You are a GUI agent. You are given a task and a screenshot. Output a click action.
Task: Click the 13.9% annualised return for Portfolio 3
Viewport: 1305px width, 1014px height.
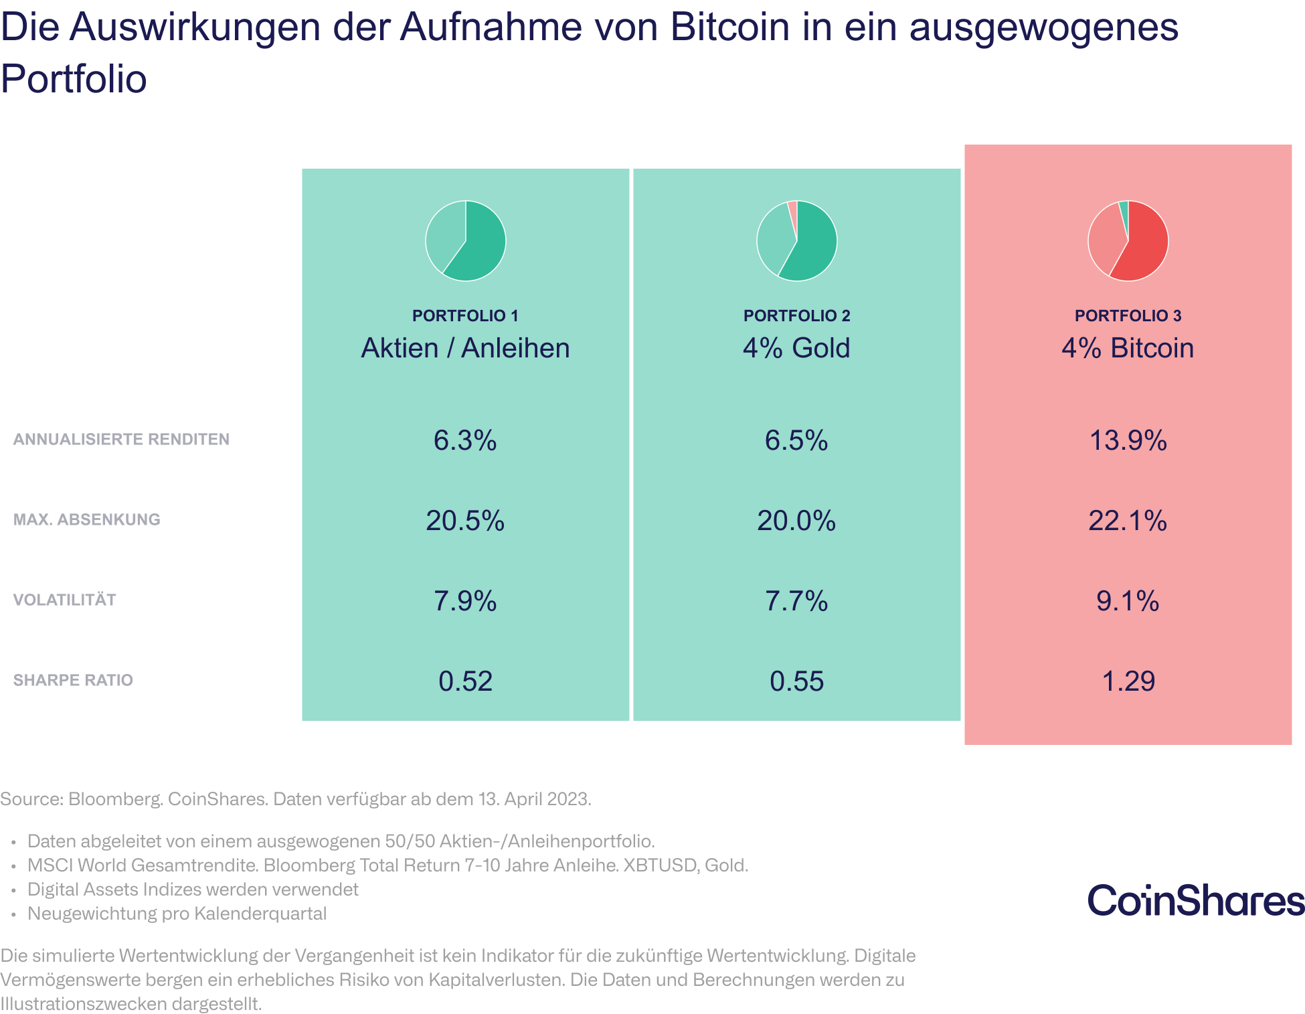point(1128,440)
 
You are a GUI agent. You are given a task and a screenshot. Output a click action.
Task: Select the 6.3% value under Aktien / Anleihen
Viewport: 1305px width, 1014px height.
point(465,440)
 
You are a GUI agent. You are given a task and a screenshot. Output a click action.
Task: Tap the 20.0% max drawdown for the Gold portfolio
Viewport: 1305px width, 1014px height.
point(796,521)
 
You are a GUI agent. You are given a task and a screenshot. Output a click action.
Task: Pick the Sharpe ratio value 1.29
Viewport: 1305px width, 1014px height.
point(1128,681)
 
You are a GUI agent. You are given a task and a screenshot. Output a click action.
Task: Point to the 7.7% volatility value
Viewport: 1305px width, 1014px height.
point(796,601)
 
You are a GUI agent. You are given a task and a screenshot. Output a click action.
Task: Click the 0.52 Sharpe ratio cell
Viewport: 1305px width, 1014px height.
point(465,681)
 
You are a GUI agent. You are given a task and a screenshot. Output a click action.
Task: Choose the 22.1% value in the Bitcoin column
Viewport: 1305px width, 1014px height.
point(1128,521)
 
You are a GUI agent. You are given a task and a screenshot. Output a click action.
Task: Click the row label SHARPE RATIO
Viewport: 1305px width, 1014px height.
point(73,680)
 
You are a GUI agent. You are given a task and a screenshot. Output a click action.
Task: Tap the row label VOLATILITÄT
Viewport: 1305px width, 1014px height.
point(64,600)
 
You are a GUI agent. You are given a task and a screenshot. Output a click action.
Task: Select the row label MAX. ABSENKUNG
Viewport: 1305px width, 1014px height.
point(86,519)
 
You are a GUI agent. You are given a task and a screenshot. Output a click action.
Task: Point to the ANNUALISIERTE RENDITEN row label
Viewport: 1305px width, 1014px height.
point(121,439)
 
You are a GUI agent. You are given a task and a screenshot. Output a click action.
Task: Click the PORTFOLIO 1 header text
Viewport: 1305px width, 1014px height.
point(465,315)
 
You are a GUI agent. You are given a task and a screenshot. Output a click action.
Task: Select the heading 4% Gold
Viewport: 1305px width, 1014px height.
point(796,348)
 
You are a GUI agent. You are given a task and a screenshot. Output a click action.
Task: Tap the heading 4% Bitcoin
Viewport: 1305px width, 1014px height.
point(1128,348)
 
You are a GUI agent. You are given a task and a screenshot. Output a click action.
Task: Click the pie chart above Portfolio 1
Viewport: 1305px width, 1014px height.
point(466,241)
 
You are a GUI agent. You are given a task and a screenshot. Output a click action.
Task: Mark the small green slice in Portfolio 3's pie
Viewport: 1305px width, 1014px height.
point(1124,209)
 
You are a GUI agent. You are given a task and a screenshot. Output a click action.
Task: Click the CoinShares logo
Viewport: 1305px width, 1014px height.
point(1196,900)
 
